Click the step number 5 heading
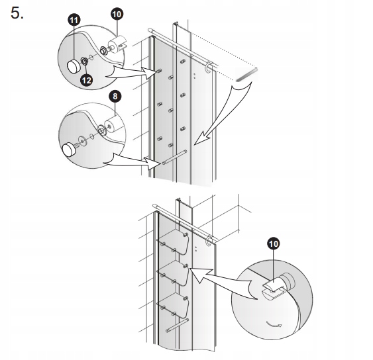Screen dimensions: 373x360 pos(17,13)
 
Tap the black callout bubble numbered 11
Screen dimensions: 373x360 pos(74,21)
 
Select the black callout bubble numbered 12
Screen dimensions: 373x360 pos(86,80)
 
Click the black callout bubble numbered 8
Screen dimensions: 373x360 pos(115,96)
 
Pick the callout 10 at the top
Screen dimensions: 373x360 pos(117,15)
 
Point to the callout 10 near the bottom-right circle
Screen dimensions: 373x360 pos(274,244)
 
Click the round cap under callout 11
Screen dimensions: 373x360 pos(74,66)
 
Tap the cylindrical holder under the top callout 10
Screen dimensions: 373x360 pos(117,44)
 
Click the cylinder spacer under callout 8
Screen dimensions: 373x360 pos(113,125)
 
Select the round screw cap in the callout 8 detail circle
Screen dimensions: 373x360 pos(69,149)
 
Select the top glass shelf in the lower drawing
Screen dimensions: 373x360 pos(174,242)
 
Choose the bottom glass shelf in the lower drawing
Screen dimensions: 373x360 pos(174,305)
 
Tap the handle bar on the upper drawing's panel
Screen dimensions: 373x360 pos(174,157)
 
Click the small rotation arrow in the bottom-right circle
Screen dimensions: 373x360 pos(274,324)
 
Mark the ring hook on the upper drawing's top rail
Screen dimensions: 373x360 pos(208,67)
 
